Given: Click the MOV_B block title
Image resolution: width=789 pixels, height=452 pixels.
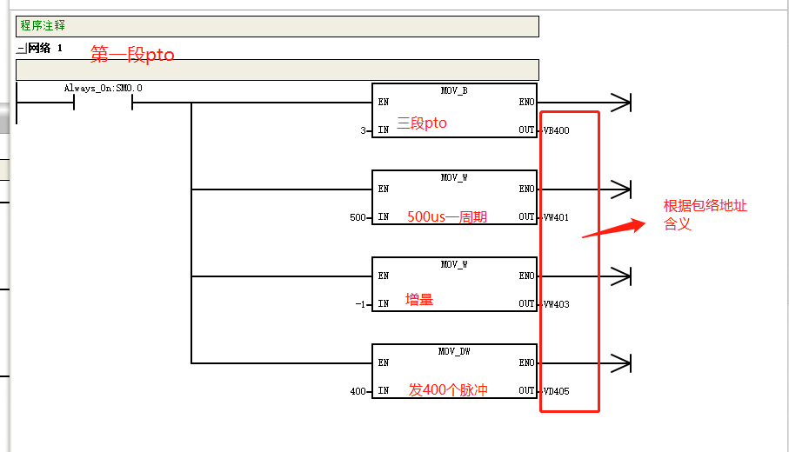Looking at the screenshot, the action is pos(454,90).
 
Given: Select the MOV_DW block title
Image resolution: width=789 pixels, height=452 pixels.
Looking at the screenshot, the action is pos(454,351).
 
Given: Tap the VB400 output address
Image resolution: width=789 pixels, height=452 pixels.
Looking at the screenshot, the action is pos(557,130).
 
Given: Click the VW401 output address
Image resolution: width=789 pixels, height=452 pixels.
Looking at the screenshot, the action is pos(556,217).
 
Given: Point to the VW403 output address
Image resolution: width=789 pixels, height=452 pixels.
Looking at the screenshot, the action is pos(557,304).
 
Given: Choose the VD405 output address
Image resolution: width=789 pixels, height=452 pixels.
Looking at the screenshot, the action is pos(557,391).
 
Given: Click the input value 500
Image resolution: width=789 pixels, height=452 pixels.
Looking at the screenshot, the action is pos(358,217).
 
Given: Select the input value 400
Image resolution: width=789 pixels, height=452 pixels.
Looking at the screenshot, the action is pos(358,391).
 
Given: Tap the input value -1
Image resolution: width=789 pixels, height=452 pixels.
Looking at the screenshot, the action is pos(360,304).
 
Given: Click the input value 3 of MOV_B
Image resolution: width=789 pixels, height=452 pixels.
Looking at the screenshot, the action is pos(363,130).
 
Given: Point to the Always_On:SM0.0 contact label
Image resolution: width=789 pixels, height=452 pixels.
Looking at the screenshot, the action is pos(104,89).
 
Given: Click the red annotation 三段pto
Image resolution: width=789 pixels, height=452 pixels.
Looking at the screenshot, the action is pos(422,123).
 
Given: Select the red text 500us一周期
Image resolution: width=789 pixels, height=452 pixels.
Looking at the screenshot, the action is pos(447,216).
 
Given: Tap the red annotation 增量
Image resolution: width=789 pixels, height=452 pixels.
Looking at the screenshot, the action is pos(419,300).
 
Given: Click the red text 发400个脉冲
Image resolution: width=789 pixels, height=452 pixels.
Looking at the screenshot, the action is pos(448,389).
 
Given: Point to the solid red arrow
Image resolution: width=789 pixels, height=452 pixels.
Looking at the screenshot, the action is pos(614,229).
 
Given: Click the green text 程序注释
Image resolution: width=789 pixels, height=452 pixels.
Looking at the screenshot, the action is pos(43,25).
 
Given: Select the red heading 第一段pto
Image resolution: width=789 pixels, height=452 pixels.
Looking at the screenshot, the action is pos(132,54).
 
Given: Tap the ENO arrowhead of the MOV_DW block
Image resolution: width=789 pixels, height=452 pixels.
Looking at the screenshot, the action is pos(621,363).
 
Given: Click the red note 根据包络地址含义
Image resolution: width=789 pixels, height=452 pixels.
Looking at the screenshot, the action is pos(705,215).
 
